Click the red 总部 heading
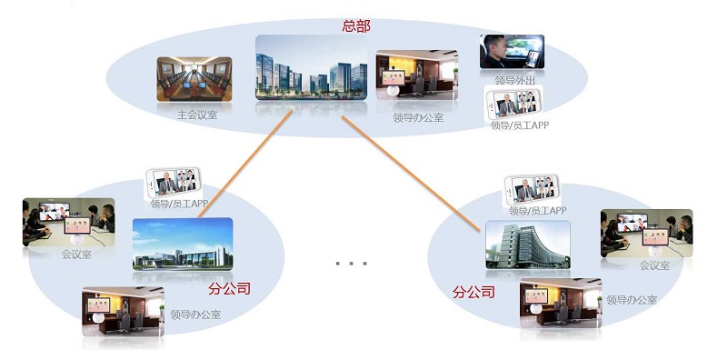point(356,25)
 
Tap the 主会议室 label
point(197,115)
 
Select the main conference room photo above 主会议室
point(195,80)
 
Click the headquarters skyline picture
point(311,68)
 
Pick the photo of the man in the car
point(512,51)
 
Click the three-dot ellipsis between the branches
point(350,264)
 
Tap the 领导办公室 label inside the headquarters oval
point(418,117)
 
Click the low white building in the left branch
point(182,245)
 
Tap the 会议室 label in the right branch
point(653,265)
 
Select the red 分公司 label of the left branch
point(229,289)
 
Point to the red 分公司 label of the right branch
point(473,292)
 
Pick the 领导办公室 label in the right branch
point(632,299)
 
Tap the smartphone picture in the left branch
point(173,185)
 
